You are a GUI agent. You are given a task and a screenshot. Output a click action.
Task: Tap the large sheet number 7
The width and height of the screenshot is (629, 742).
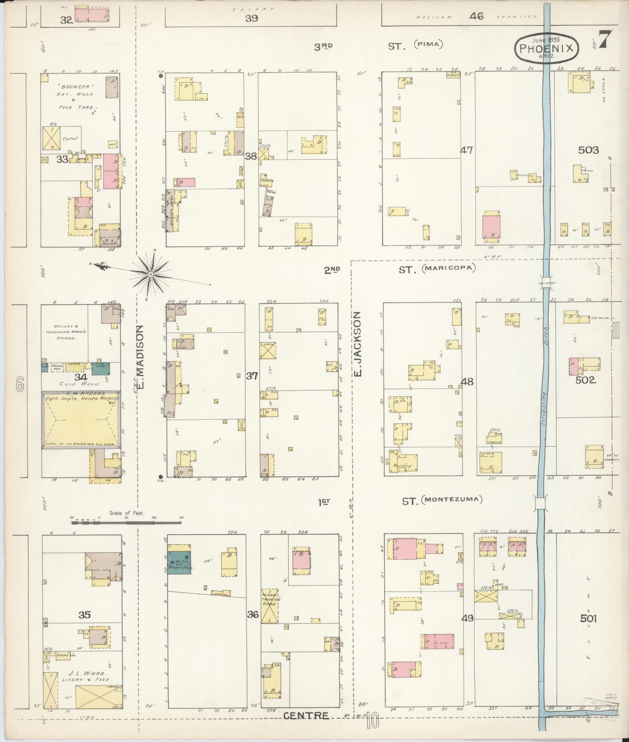[607, 40]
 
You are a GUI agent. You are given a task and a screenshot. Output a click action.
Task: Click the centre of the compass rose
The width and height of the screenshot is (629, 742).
[150, 274]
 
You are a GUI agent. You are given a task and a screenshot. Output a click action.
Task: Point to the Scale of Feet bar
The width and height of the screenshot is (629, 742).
[127, 522]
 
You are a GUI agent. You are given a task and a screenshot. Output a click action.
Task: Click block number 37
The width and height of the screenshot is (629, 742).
[252, 376]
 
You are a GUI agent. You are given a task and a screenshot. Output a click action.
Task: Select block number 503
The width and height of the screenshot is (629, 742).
[588, 150]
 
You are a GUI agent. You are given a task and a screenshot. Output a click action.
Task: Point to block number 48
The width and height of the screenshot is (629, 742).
[467, 382]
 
